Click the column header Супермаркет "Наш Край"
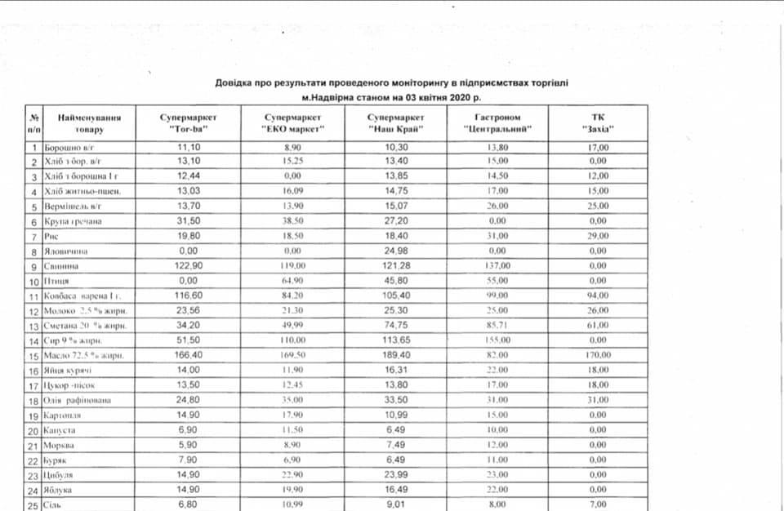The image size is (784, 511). pos(396,123)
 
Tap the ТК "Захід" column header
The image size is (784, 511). pos(598,123)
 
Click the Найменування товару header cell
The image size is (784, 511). pos(89,123)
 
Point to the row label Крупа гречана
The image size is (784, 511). pos(70,222)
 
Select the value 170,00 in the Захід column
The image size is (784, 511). pos(598,355)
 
